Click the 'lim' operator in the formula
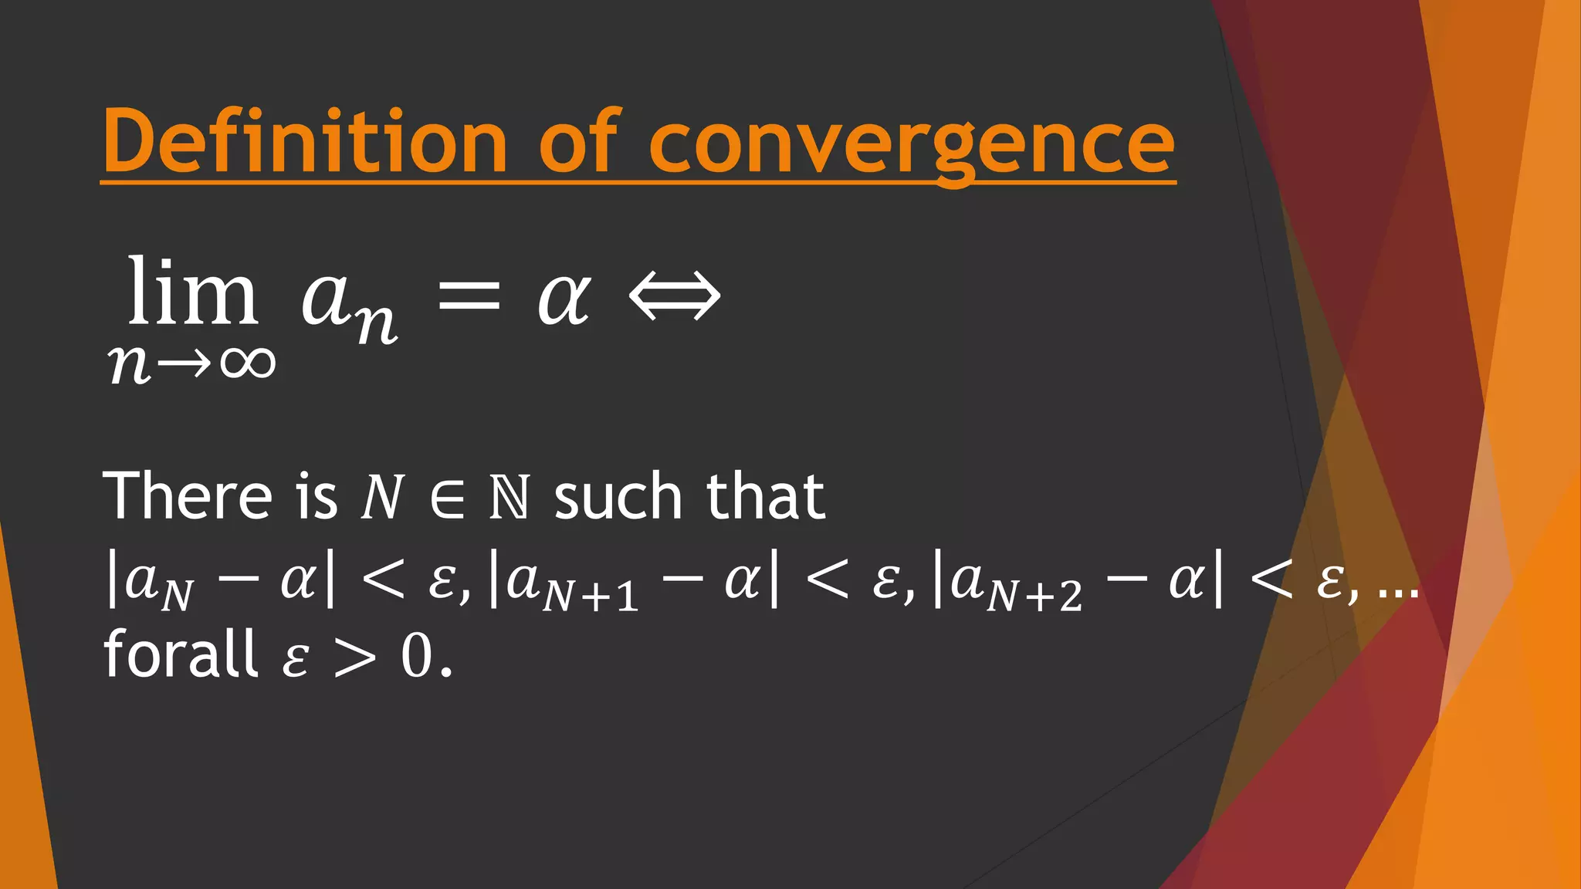192,293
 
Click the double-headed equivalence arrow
675,296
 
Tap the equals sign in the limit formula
469,296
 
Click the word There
188,495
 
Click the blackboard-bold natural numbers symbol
510,499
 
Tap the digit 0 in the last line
417,657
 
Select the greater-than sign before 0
355,658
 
